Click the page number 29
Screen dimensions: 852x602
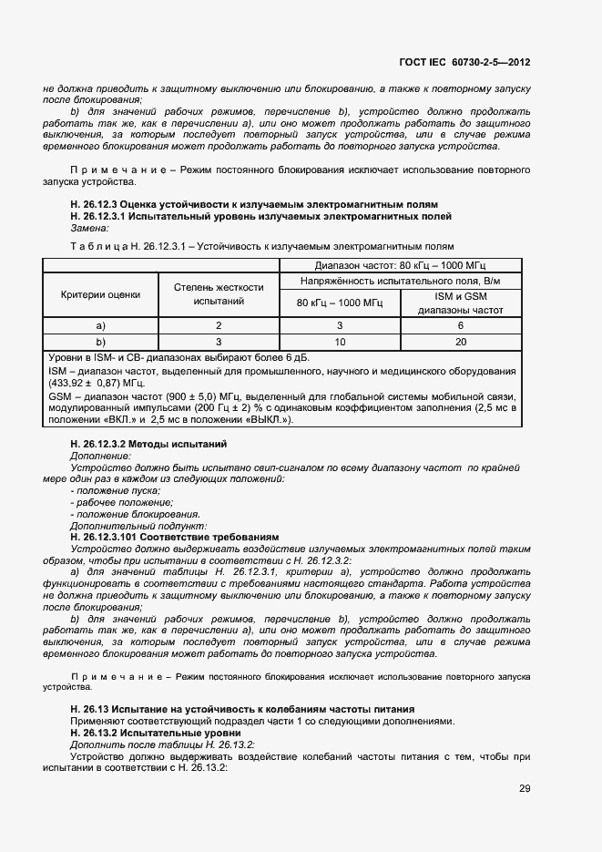(525, 788)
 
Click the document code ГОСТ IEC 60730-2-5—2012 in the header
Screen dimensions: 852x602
(464, 63)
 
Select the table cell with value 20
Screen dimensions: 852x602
(460, 342)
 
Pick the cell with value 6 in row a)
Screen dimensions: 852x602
(460, 325)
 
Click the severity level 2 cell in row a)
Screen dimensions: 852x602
(219, 325)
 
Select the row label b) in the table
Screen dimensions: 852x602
(101, 342)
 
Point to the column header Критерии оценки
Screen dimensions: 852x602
(101, 294)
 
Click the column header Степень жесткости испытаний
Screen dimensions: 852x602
(219, 294)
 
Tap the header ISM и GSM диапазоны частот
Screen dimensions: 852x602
(460, 303)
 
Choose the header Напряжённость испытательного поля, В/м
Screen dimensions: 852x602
(400, 280)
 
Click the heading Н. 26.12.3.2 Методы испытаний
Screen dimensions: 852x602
(148, 443)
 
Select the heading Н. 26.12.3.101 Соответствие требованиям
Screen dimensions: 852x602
(174, 538)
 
